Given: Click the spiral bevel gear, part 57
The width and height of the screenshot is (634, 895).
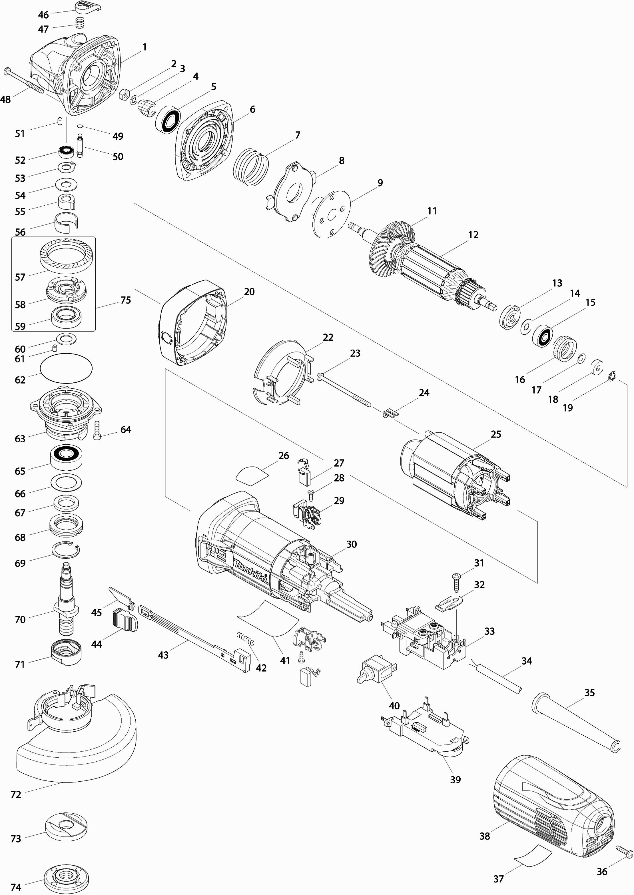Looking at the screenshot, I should click(x=67, y=255).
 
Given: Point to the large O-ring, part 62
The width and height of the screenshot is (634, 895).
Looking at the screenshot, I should click(x=66, y=368).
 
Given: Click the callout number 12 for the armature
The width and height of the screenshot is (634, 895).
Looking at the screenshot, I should click(x=473, y=235).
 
